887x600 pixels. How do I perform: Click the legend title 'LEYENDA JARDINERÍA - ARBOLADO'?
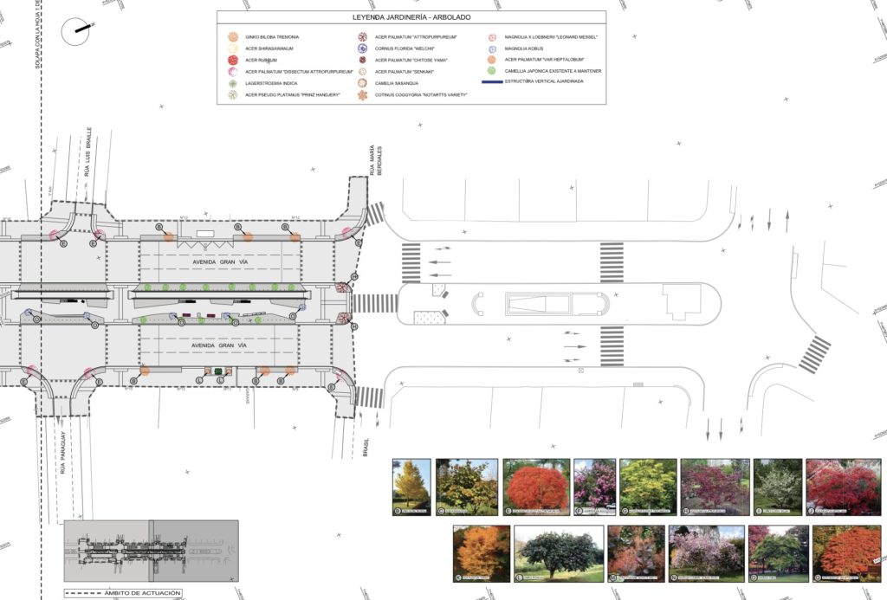(411, 16)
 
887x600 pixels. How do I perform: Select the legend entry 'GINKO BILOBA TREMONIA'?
(272, 37)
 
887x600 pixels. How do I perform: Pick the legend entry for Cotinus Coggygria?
(421, 94)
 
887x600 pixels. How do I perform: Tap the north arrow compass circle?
(76, 31)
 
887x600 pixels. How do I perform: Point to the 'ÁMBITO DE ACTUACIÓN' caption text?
(146, 593)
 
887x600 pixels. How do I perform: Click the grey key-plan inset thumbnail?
(151, 550)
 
